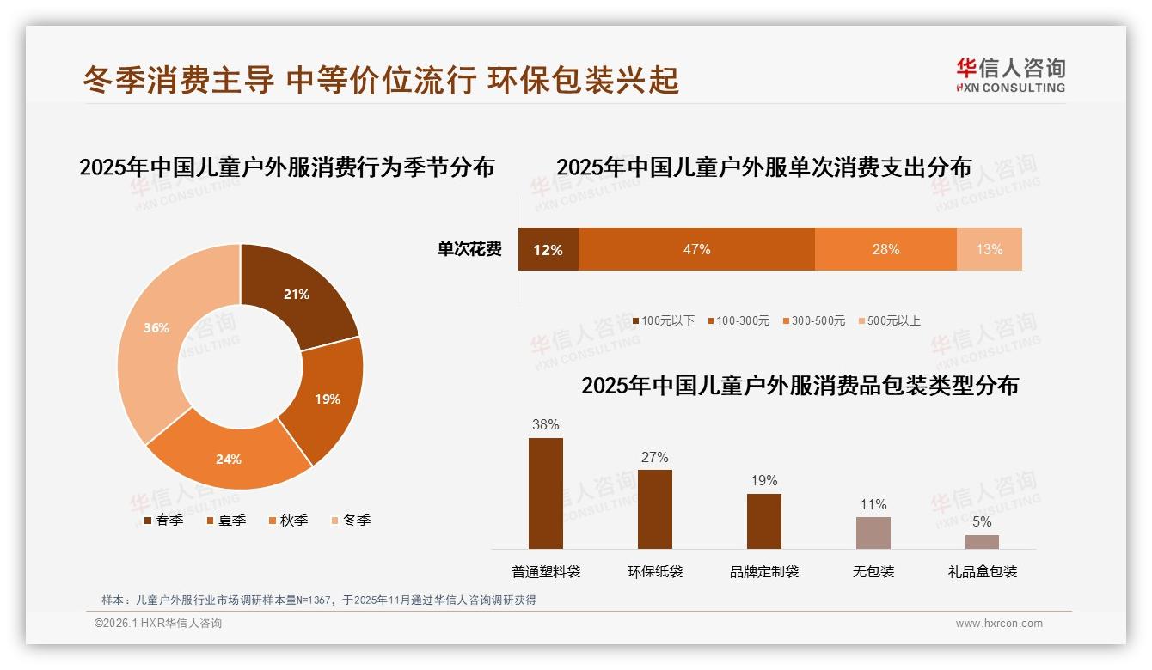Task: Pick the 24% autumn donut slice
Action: point(230,458)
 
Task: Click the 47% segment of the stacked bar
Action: point(696,249)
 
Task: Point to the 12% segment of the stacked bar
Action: point(548,249)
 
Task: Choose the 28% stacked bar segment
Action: point(885,249)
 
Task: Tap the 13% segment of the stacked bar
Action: point(989,249)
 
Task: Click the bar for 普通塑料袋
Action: point(546,493)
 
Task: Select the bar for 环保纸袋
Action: point(655,509)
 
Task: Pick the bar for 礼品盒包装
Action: point(982,541)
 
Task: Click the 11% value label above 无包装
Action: point(873,504)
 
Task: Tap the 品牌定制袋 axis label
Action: point(764,571)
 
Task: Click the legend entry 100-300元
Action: point(738,320)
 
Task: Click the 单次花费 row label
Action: point(469,250)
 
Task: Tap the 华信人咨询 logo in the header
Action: point(1010,75)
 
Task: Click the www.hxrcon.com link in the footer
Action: point(999,624)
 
